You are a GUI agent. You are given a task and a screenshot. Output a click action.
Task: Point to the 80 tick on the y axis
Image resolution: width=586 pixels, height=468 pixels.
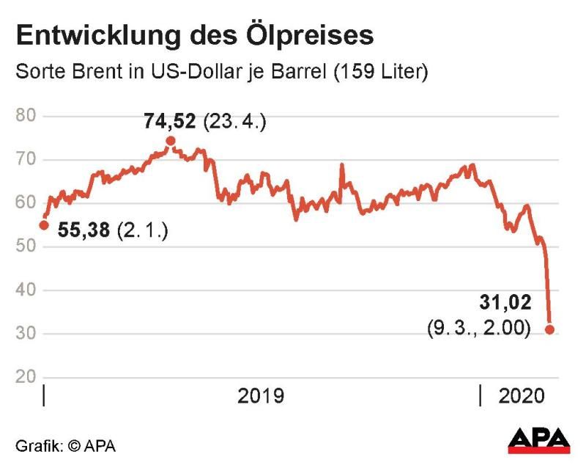coord(27,116)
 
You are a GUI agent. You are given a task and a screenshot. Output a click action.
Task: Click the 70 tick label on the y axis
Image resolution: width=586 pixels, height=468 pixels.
coord(27,160)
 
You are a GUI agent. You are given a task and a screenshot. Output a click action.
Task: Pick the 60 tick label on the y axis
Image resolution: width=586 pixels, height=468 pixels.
coord(27,203)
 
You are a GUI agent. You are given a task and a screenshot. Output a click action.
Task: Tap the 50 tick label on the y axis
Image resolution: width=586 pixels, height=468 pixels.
coord(27,247)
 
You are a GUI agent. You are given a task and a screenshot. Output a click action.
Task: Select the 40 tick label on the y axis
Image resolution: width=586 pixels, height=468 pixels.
coord(27,290)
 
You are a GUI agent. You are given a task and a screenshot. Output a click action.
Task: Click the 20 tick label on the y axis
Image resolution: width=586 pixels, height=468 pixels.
coord(27,378)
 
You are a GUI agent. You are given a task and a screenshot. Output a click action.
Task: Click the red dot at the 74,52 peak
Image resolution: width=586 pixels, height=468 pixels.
coord(171,141)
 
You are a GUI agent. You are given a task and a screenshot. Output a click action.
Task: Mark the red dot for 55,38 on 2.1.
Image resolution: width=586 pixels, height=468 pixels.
coord(44,225)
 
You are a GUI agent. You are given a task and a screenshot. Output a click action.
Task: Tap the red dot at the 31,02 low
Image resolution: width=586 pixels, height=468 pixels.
coord(549,330)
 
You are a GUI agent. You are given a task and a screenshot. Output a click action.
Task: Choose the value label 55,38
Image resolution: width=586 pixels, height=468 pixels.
coord(84,232)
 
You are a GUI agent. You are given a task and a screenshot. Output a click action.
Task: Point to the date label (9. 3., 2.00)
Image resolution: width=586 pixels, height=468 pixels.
coord(479,330)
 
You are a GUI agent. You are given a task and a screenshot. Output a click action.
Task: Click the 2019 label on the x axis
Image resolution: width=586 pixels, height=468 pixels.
coord(261,397)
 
